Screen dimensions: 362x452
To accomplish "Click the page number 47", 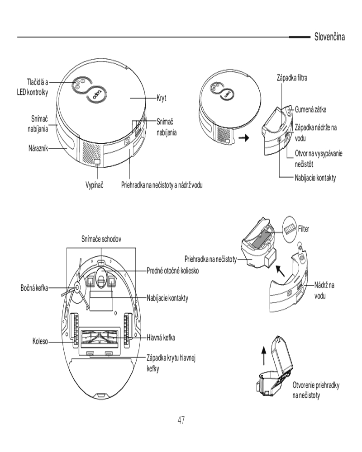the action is coord(181,420).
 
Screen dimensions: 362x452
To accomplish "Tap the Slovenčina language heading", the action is coord(329,37).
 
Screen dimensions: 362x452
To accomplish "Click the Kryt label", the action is coord(162,98).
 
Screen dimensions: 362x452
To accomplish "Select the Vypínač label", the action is coord(95,185).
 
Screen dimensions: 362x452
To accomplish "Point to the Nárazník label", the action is coord(38,148).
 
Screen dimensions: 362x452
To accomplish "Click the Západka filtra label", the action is coord(292,78).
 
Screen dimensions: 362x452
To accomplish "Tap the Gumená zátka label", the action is coord(310,109).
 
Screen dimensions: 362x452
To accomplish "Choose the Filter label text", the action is coord(304,229).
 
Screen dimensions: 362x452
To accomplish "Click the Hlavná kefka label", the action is coord(161,338).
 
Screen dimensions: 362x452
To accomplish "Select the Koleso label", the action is coord(40,342).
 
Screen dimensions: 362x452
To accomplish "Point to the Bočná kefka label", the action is coord(34,288).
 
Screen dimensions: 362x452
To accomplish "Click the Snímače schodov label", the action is coord(101,239).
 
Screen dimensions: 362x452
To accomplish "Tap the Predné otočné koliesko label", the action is coord(172,271).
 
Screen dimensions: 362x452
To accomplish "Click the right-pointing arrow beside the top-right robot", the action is coord(244,138).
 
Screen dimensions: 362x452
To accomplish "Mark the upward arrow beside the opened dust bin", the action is coord(263,356).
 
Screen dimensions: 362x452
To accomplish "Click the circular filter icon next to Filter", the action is coord(290,230).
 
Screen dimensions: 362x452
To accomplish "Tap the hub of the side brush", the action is coord(77,287).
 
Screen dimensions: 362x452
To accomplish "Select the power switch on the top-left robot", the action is coord(97,163).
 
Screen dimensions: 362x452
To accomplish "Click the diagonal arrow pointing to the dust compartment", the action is coord(280,271).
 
